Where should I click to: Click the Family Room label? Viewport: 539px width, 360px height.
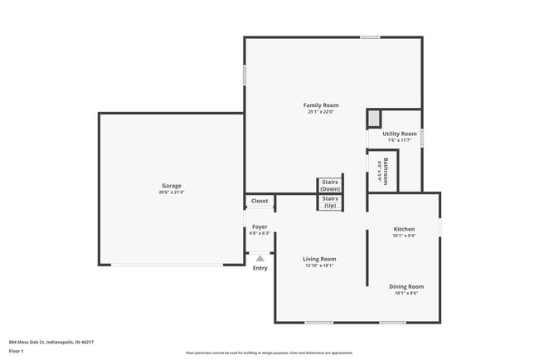320,105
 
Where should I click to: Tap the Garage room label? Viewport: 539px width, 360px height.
171,186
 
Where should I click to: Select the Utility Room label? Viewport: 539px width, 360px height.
399,134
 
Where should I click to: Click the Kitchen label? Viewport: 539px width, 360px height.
404,229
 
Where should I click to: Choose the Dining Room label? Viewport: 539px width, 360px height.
406,286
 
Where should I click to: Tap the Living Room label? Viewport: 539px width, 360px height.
319,259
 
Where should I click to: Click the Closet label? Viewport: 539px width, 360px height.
260,202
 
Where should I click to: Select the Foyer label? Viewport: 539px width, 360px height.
260,226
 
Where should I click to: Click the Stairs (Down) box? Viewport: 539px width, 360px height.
330,186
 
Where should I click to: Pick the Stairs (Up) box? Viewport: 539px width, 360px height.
330,202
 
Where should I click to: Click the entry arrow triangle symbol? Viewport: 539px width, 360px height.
260,259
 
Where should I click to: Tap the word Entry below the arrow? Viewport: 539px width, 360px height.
260,268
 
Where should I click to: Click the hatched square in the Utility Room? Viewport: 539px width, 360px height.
374,119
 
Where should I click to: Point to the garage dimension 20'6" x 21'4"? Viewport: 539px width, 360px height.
171,192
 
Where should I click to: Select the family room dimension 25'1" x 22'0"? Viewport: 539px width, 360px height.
320,112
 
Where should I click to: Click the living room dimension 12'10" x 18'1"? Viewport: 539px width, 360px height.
319,265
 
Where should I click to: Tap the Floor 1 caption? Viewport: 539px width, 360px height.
17,351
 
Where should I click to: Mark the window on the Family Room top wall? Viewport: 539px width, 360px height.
370,36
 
